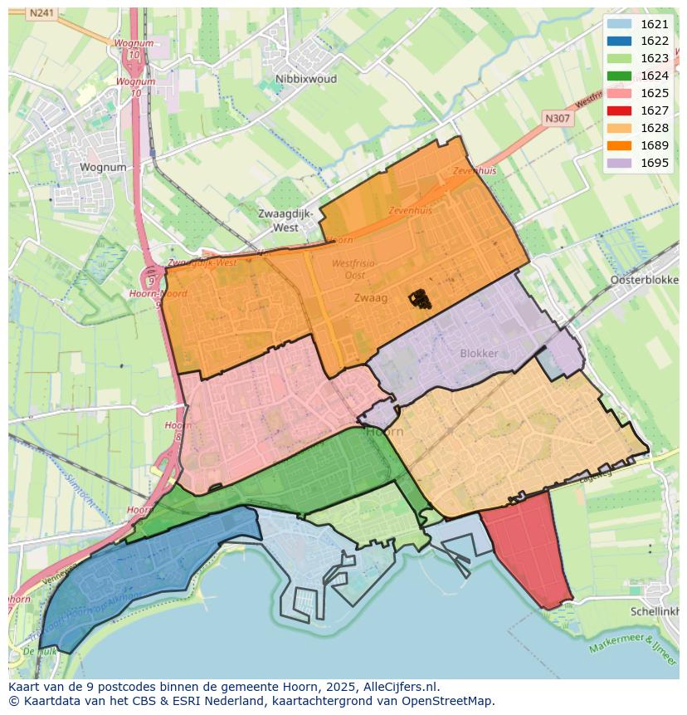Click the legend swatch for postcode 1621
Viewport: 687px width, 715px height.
click(x=619, y=24)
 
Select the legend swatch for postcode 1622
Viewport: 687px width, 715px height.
click(x=619, y=42)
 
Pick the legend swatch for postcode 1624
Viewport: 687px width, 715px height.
click(x=619, y=76)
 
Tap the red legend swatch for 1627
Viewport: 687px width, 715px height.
click(x=619, y=110)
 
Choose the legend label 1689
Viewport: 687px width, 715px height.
click(x=655, y=145)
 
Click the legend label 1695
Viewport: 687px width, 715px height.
click(x=655, y=163)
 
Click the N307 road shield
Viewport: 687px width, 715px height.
click(x=558, y=119)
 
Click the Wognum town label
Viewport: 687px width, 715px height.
click(x=103, y=167)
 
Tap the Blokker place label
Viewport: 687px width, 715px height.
click(x=479, y=353)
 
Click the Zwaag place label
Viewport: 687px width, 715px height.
click(x=370, y=297)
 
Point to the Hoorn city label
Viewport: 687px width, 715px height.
click(x=384, y=432)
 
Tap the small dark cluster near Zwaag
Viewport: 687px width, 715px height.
click(x=420, y=299)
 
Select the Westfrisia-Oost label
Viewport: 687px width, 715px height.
click(x=354, y=269)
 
